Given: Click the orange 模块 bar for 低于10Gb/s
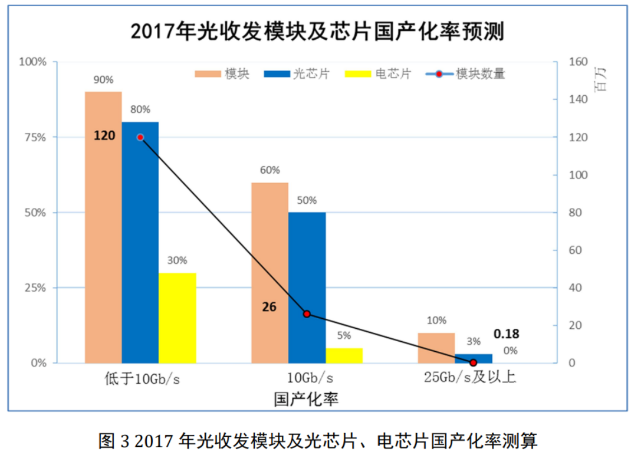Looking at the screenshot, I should pos(103,227).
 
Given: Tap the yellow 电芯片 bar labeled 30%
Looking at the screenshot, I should pos(177,318).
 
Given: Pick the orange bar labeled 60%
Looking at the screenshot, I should pos(269,272).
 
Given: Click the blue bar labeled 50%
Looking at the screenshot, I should pos(306,287).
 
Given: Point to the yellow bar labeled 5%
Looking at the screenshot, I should pos(344,356).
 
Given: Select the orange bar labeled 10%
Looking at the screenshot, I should pos(436,348).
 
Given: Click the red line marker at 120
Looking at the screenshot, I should pos(140,137).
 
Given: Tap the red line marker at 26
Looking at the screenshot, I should pos(306,314).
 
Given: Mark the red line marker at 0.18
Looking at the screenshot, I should pos(473,362).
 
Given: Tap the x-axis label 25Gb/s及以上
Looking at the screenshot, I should pos(470,378).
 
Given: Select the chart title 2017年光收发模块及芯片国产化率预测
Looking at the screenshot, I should pos(318,31).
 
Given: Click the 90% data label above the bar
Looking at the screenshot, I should pos(103,80).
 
